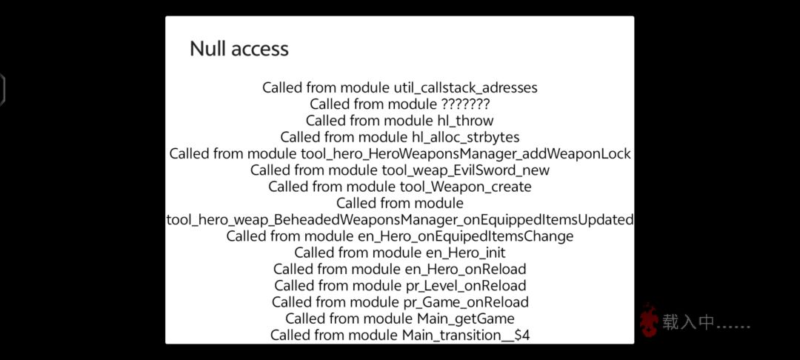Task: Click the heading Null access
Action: tap(239, 49)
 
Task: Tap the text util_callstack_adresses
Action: tap(465, 87)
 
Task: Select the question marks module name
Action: tap(464, 104)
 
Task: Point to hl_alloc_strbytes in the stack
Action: tap(465, 137)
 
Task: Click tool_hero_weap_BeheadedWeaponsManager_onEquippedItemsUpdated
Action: tap(400, 220)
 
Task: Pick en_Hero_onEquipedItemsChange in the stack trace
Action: tap(464, 236)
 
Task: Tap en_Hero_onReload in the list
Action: tap(465, 269)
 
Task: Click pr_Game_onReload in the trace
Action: tap(465, 302)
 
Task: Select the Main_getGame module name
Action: tap(465, 319)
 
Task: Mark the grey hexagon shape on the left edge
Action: tap(2, 90)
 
